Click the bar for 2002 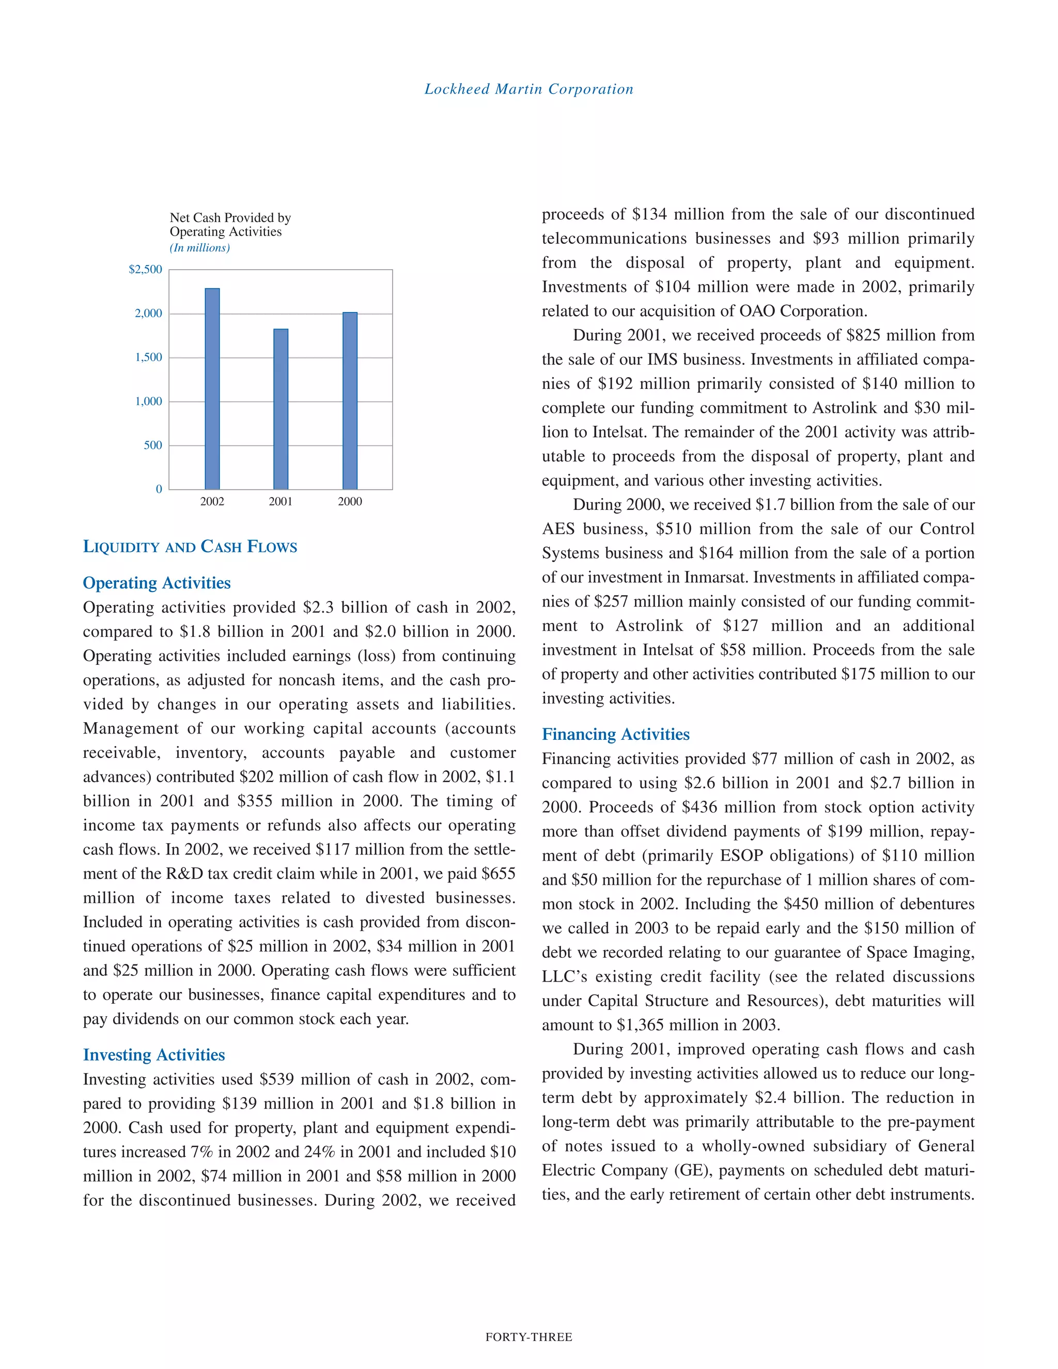coord(212,388)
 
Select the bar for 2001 coord(281,409)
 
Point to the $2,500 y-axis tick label coord(145,270)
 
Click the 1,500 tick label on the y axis coord(149,357)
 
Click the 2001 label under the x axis coord(281,502)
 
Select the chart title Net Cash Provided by coord(230,217)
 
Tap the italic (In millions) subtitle coord(199,248)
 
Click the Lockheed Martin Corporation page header coord(529,89)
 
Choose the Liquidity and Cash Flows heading coord(190,547)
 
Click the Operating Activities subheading coord(157,583)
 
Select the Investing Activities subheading coord(153,1055)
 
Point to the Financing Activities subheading coord(615,734)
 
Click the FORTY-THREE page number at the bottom coord(529,1337)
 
